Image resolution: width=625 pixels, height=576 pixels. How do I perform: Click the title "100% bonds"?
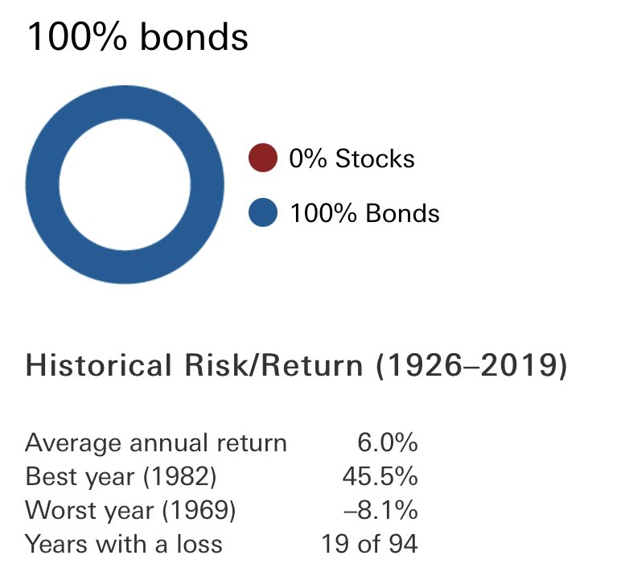point(138,38)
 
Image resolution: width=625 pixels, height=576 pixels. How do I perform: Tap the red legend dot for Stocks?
point(263,158)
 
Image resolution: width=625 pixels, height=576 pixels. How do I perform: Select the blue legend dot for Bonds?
point(263,213)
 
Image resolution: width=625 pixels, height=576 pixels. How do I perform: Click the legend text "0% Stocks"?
point(352,158)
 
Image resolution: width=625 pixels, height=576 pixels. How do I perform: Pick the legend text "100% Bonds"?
point(364,213)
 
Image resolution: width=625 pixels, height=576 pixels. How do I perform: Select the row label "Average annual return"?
point(155,442)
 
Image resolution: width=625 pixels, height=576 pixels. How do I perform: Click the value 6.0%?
point(387,442)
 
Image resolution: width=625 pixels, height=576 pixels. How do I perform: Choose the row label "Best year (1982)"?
point(121,476)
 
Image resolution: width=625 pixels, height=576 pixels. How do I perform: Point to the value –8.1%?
point(384,510)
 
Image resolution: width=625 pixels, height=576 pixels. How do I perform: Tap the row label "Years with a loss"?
point(123,544)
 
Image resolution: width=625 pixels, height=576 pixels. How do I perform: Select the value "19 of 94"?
point(369,544)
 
